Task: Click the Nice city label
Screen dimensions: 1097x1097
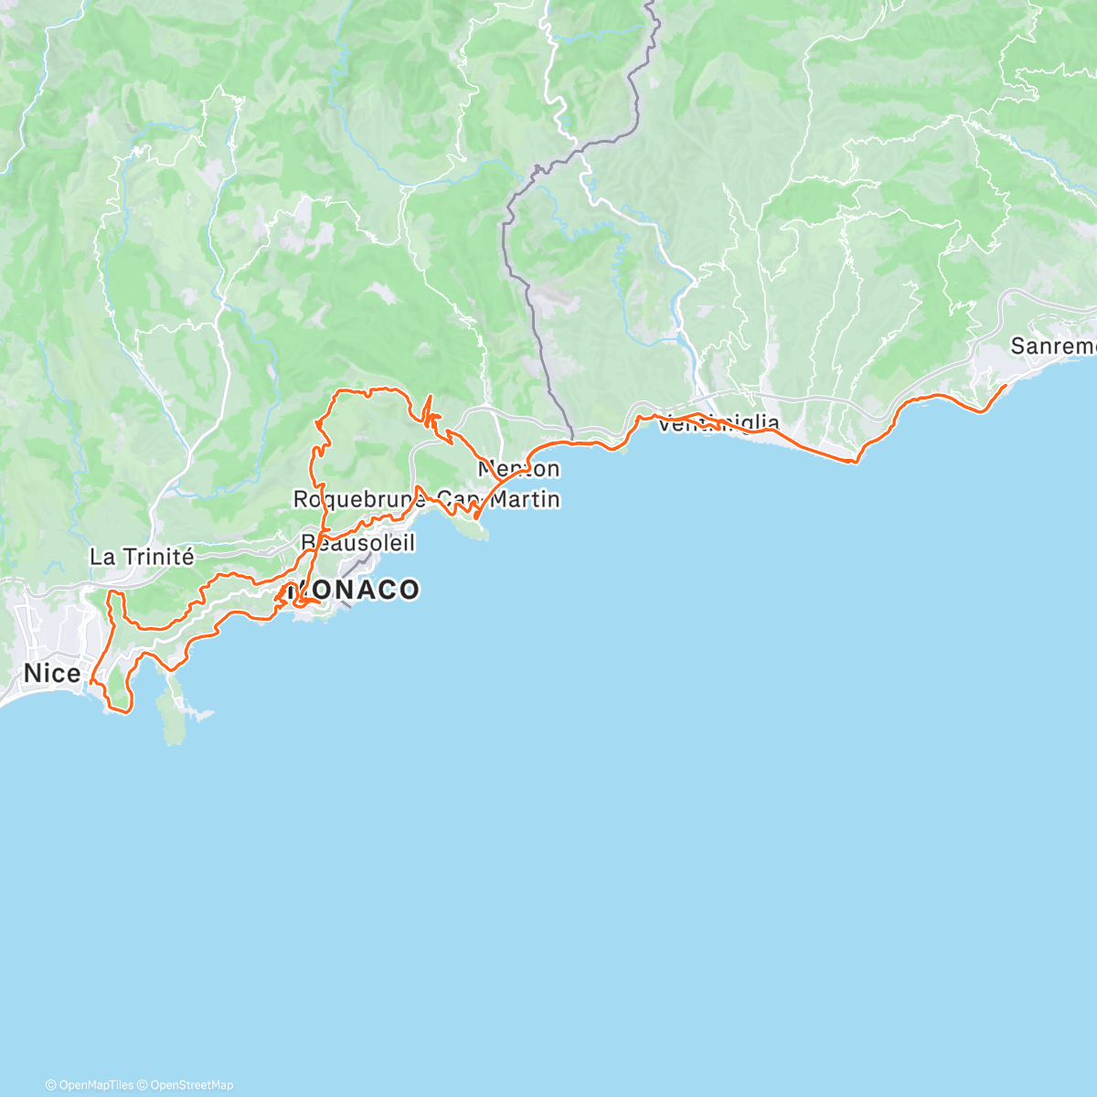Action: coord(51,674)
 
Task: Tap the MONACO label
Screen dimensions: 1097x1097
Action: coord(355,590)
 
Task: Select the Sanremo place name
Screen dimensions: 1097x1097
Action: coord(1052,346)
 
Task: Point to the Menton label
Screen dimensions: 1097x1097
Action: coord(519,469)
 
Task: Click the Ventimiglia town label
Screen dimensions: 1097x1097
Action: coord(719,423)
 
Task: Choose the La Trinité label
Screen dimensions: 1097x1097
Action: coord(142,556)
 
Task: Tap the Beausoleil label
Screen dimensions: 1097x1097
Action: coord(358,543)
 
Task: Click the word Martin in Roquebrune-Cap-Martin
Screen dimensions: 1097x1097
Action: coord(524,499)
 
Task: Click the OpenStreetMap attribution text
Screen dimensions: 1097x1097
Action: coord(192,1085)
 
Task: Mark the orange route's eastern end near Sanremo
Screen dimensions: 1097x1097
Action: coord(1006,387)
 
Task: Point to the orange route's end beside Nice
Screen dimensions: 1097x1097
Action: coord(91,681)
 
